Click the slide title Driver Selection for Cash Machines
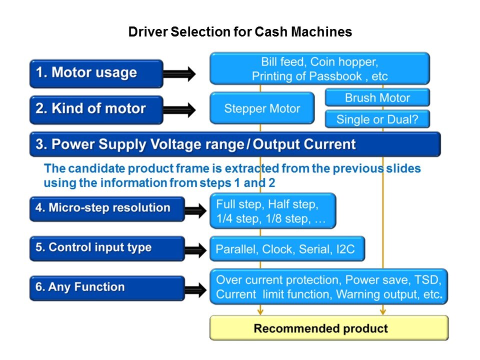[240, 32]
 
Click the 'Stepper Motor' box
[262, 108]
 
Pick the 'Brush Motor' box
[377, 97]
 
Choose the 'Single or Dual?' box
[377, 119]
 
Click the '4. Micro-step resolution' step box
[106, 208]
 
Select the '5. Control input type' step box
[106, 248]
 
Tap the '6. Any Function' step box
[106, 287]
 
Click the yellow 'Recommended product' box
[328, 328]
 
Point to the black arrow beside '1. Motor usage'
[179, 74]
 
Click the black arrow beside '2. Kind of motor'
[179, 109]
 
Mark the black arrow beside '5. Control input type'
[196, 249]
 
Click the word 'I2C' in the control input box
[343, 249]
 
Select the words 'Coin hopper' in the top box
[344, 62]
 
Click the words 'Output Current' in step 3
[304, 144]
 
